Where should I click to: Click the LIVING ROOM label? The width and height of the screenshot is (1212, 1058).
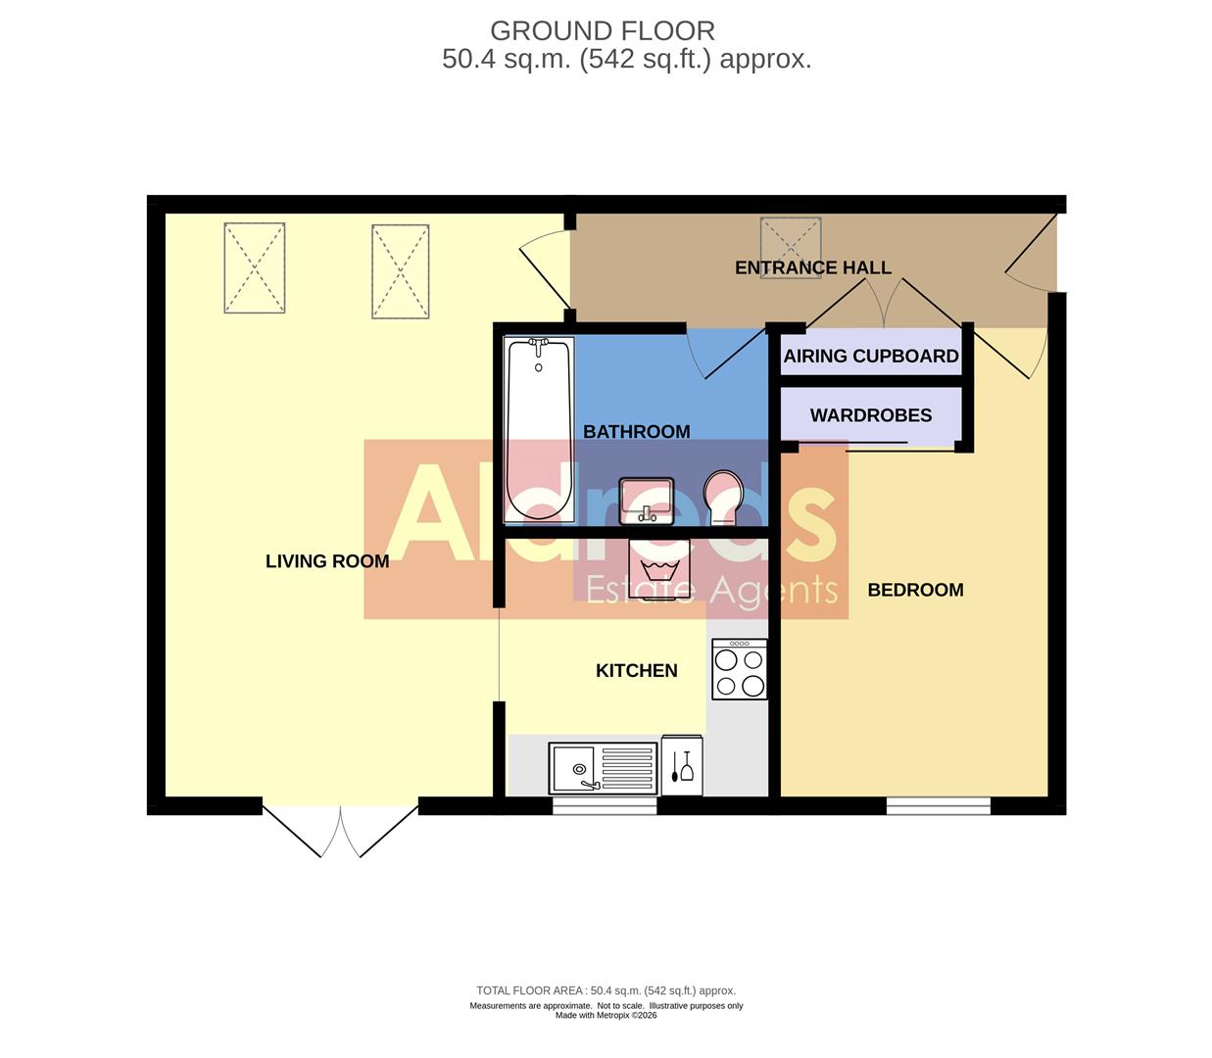click(x=327, y=561)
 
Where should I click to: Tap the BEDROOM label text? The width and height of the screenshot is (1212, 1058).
click(x=915, y=590)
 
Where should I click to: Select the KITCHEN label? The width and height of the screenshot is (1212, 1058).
click(x=637, y=671)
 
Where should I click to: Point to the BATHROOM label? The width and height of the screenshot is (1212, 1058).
click(x=636, y=432)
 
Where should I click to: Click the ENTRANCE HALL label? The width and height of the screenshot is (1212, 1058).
click(x=812, y=267)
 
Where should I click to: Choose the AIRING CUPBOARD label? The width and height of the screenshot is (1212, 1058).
click(x=870, y=357)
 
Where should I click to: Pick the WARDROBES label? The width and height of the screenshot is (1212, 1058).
click(x=870, y=415)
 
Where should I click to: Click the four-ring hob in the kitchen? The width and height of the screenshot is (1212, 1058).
click(x=740, y=670)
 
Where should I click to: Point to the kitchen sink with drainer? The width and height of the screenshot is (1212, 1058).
click(x=603, y=767)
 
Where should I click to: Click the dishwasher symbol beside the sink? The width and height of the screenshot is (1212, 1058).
click(x=682, y=764)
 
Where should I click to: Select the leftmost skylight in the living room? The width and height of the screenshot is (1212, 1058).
click(x=254, y=267)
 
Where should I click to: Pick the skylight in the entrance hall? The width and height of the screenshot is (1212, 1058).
click(x=790, y=247)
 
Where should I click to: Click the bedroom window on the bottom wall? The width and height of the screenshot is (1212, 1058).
click(x=938, y=806)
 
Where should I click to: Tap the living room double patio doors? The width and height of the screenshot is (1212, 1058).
click(x=340, y=828)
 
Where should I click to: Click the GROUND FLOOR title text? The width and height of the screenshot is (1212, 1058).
click(x=602, y=31)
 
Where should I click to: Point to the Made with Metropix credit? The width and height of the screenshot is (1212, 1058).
click(x=606, y=1016)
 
